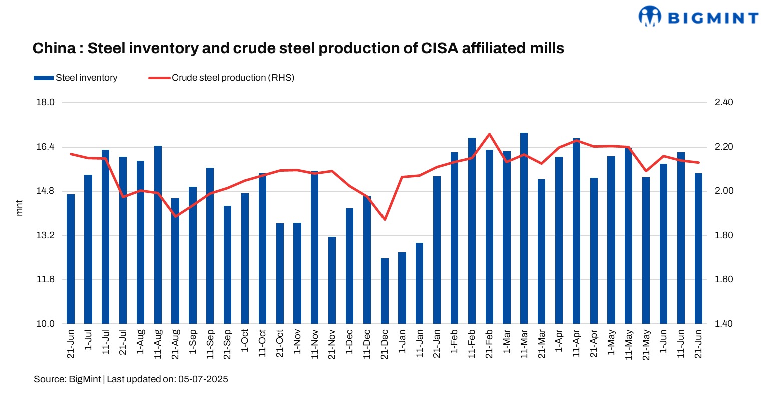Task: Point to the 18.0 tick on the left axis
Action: click(x=46, y=102)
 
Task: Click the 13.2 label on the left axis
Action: click(x=46, y=235)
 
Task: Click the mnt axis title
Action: click(x=20, y=208)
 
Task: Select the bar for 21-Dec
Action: click(x=385, y=291)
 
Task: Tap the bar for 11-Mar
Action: click(x=524, y=228)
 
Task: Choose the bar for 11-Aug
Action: click(x=158, y=234)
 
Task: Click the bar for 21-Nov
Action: click(x=332, y=280)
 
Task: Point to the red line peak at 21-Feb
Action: click(x=489, y=134)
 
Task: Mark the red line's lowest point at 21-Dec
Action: click(x=385, y=219)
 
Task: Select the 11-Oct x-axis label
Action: click(x=262, y=344)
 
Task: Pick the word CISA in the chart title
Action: click(x=439, y=48)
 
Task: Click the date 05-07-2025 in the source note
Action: click(x=203, y=379)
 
